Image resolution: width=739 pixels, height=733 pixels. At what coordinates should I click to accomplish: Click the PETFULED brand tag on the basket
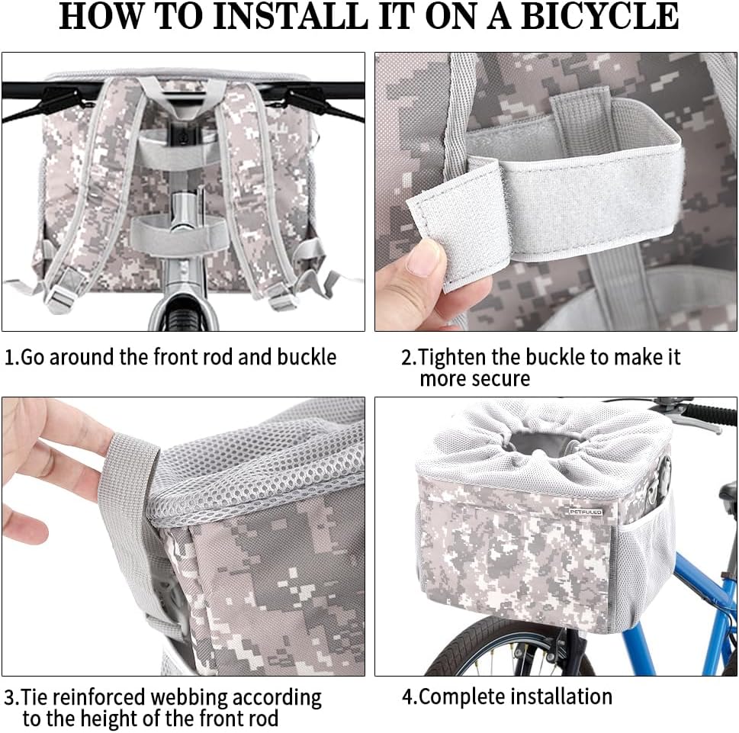pos(586,512)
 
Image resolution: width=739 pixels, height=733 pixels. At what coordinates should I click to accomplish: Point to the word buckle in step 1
pos(307,357)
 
